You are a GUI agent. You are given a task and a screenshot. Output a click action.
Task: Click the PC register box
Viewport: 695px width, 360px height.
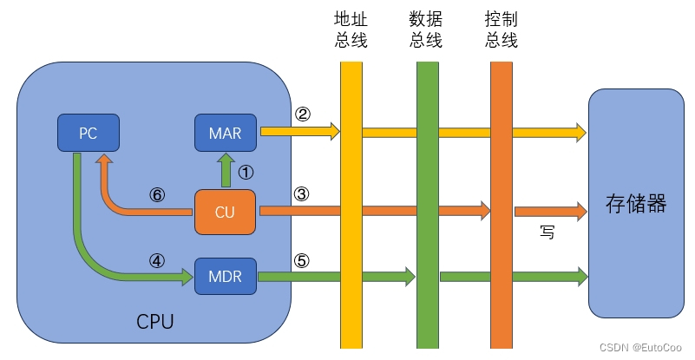(88, 133)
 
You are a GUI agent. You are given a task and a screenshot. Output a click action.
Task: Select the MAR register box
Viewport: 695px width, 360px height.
(226, 133)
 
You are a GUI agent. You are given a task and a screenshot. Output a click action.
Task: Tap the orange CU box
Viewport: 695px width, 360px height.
(226, 211)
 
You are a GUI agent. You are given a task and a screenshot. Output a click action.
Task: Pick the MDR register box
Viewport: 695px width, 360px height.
(226, 277)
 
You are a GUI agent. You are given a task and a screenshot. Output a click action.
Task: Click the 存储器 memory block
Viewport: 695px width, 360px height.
(636, 204)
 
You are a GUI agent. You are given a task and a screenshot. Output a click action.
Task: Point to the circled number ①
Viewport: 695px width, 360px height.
(246, 172)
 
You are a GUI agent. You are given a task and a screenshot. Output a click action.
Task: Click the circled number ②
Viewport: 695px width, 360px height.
(303, 115)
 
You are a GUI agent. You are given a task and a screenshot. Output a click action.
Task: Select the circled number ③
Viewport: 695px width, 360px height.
(302, 194)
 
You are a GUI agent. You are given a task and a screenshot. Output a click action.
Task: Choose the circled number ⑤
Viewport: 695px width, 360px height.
(302, 260)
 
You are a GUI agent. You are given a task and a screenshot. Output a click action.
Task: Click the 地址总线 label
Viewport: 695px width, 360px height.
(351, 29)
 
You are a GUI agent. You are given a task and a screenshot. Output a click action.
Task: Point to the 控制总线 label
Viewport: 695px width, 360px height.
(502, 29)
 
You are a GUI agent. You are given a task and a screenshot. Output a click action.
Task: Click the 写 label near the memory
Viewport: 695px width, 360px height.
(546, 232)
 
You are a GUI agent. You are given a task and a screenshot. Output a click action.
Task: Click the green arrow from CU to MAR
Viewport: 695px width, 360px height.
(226, 170)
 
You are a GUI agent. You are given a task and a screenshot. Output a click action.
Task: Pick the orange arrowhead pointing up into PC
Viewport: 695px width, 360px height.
(103, 161)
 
